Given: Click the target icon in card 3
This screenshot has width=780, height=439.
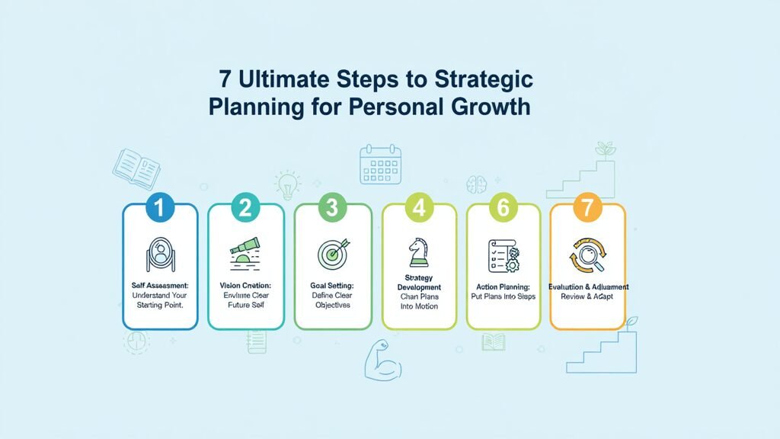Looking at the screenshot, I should coord(334,252).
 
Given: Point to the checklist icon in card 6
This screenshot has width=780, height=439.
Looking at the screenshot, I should coord(502,253).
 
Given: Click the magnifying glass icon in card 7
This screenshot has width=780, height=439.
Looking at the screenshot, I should coord(587,255).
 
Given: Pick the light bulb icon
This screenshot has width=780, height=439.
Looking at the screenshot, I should coord(288,185).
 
